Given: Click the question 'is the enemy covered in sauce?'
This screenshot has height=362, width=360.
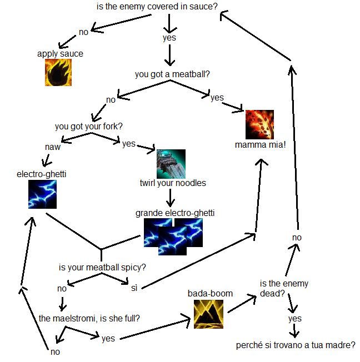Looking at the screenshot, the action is [x=157, y=7].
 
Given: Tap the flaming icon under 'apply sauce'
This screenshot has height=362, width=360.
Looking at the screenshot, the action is [x=58, y=72].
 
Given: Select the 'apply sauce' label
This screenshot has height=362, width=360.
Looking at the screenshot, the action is [x=60, y=54].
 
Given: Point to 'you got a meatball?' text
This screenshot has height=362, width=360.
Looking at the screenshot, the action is [x=172, y=74].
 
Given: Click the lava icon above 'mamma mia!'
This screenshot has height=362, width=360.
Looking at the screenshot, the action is [x=259, y=124].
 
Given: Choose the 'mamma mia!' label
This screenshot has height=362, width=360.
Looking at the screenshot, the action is [x=260, y=145].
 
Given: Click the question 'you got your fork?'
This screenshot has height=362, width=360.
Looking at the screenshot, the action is [x=89, y=127].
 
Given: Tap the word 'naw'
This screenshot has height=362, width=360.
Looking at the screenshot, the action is [x=53, y=147].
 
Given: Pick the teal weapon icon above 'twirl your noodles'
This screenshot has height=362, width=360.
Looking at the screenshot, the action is [x=171, y=164].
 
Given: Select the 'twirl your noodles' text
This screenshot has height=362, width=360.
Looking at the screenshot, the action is [x=173, y=183].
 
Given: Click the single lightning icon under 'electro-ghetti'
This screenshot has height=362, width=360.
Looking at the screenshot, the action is [x=42, y=194].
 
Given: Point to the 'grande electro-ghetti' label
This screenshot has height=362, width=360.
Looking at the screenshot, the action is [x=175, y=213].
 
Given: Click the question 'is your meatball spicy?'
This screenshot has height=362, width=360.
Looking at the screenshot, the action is [x=102, y=268].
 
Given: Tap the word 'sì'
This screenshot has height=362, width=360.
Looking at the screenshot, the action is [x=134, y=288].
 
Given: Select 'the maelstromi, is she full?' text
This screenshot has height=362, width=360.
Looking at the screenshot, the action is [x=89, y=318].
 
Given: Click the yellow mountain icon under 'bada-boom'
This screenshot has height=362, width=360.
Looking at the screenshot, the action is [x=208, y=314].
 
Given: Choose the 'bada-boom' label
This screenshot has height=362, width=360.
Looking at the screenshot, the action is [x=210, y=294].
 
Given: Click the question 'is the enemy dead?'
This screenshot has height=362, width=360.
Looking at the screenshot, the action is [x=284, y=288].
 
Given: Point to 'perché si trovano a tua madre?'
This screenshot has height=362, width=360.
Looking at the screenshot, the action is [x=296, y=345].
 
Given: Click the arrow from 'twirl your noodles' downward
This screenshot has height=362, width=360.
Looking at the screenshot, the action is [x=171, y=198].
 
